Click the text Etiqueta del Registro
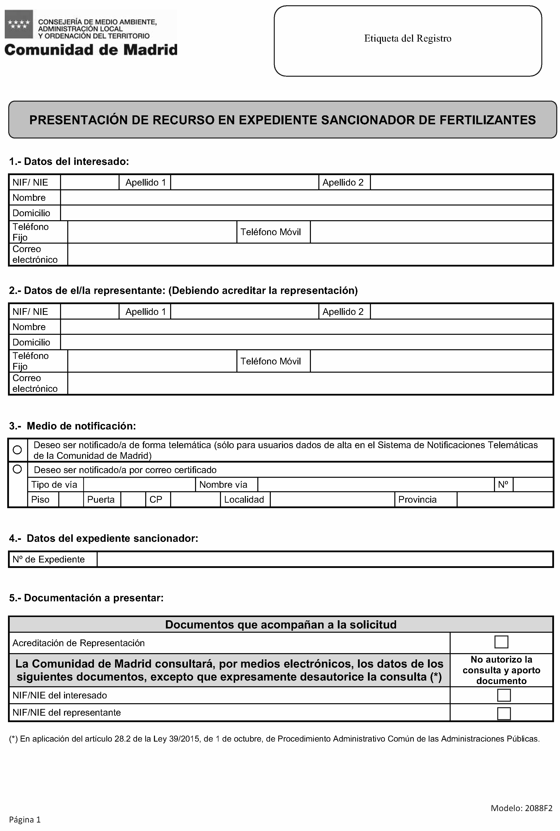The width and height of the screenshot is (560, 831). click(x=408, y=39)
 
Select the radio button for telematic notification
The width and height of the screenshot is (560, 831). click(x=17, y=450)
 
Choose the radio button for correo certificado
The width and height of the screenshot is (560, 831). click(x=17, y=469)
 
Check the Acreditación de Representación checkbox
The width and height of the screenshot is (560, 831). click(x=501, y=642)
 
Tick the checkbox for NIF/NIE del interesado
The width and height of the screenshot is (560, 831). click(x=503, y=695)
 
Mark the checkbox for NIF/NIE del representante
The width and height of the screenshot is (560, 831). click(x=503, y=713)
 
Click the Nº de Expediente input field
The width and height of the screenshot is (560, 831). click(x=325, y=559)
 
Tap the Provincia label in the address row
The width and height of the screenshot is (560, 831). click(x=417, y=500)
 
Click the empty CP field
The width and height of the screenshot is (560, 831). click(x=195, y=500)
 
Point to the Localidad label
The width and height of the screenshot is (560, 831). click(x=244, y=500)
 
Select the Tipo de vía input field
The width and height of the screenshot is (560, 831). click(x=139, y=485)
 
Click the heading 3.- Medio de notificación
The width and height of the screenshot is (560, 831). click(x=72, y=426)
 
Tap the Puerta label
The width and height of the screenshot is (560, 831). click(x=101, y=500)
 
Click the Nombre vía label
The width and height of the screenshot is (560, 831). click(x=223, y=485)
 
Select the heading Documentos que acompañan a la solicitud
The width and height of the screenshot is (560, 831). click(x=281, y=624)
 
